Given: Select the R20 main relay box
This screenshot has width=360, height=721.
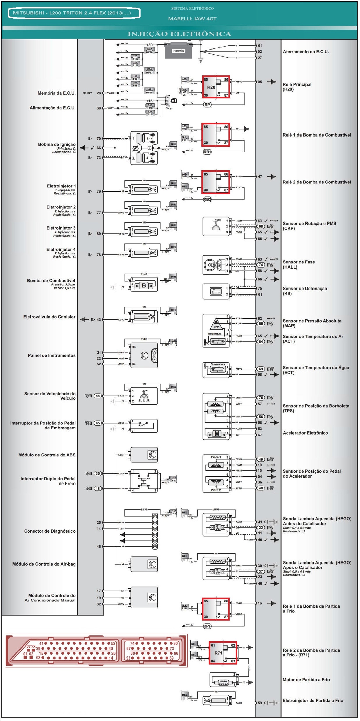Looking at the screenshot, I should [216, 87].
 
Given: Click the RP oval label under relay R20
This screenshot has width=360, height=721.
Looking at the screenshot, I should [207, 104].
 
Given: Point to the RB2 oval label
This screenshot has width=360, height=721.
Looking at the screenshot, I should [207, 199].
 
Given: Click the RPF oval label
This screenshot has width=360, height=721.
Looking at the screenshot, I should [207, 626].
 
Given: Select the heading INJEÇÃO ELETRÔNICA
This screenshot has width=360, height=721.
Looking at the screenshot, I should [179, 34].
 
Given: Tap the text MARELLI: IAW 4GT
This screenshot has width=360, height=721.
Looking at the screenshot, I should [192, 19].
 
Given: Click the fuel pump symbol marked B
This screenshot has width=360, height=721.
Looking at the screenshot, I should [144, 286].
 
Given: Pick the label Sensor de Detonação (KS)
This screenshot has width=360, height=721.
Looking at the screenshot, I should [305, 291].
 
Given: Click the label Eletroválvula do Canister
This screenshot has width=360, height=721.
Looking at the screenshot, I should [49, 317].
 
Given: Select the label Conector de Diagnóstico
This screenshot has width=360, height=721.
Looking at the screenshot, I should [50, 531].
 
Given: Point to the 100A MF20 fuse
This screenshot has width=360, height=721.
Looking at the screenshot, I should [149, 51].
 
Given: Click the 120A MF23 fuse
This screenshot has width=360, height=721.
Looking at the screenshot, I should [149, 71].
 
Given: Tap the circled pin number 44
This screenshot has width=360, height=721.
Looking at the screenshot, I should [98, 396].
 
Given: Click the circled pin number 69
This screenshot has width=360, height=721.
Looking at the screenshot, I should [261, 369].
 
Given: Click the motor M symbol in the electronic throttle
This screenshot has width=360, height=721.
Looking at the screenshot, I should [217, 434].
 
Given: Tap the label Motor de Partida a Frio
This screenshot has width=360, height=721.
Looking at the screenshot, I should [306, 680].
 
